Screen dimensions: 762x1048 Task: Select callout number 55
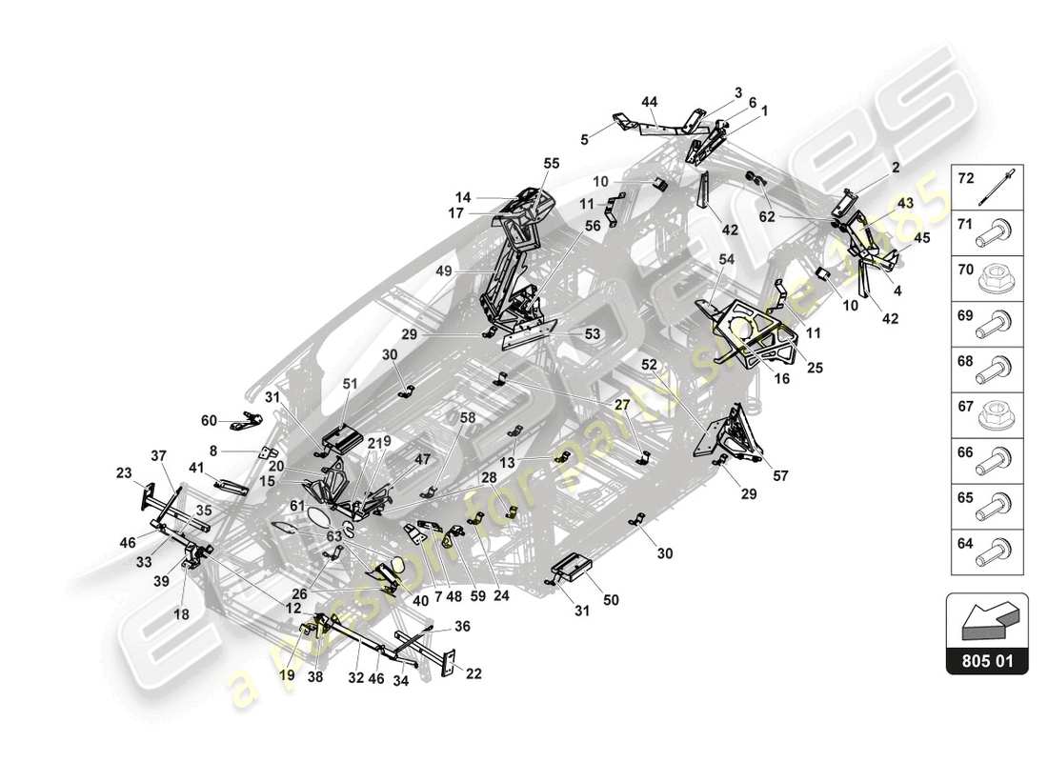(x=552, y=163)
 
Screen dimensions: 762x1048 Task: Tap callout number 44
(x=650, y=102)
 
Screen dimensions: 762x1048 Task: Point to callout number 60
(x=209, y=420)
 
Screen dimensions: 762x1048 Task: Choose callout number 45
(x=921, y=237)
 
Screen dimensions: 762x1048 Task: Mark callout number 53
(x=592, y=334)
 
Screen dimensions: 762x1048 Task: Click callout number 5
(x=584, y=139)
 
